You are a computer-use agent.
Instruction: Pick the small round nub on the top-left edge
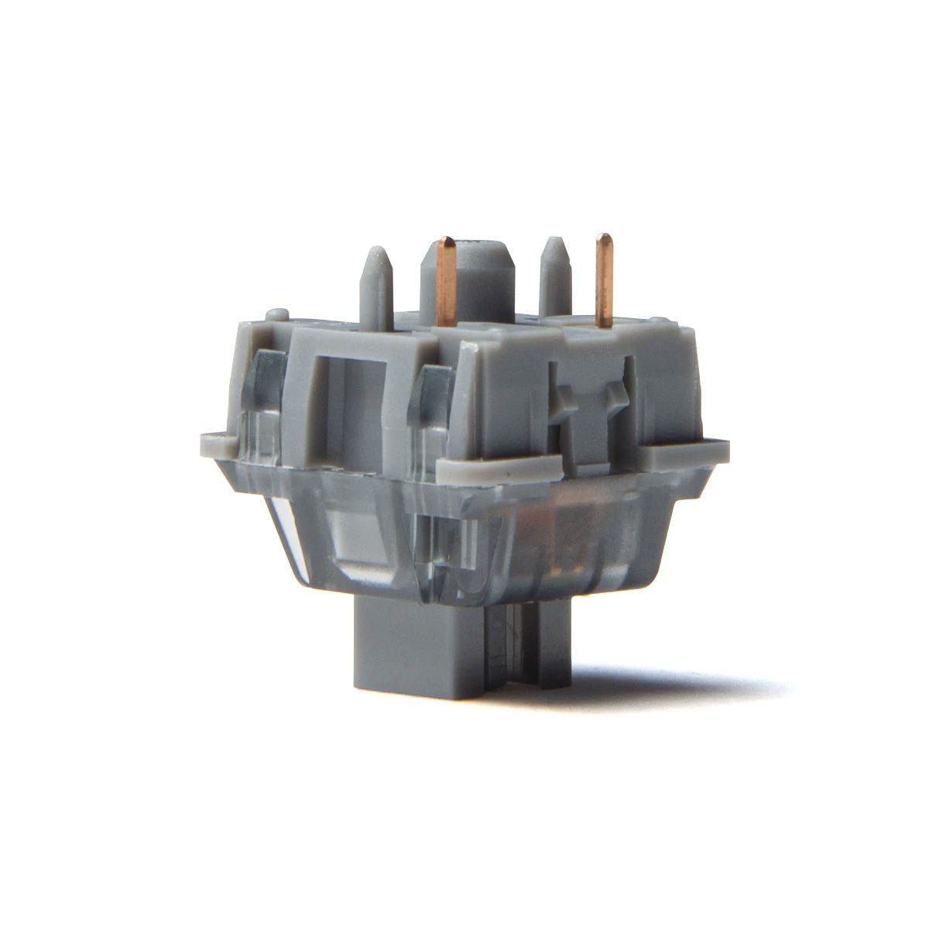click(279, 314)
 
